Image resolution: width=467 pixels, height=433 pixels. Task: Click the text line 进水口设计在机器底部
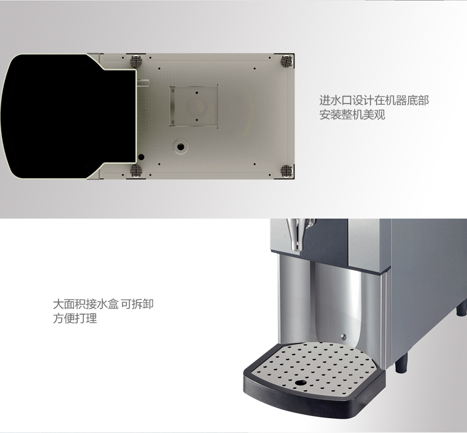[x=374, y=100]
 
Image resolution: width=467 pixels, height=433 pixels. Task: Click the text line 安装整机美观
[x=352, y=115]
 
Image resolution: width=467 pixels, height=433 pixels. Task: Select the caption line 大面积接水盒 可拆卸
[x=103, y=304]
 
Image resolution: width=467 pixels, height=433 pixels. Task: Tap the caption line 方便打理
[x=75, y=318]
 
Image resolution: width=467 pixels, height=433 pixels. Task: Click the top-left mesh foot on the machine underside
[x=136, y=61]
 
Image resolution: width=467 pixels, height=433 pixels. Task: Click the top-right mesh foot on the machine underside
[x=286, y=60]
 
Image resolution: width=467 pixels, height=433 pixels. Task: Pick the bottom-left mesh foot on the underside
[x=136, y=170]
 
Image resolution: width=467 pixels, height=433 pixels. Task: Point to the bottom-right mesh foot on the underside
[x=286, y=171]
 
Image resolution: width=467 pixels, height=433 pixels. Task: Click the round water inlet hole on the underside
[x=181, y=146]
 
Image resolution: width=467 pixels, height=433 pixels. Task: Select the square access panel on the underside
[x=194, y=106]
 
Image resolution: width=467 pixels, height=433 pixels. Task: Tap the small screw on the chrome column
[x=343, y=336]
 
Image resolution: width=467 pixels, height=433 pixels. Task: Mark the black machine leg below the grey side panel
[x=401, y=363]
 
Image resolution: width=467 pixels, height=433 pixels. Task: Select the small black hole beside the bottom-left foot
[x=141, y=157]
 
